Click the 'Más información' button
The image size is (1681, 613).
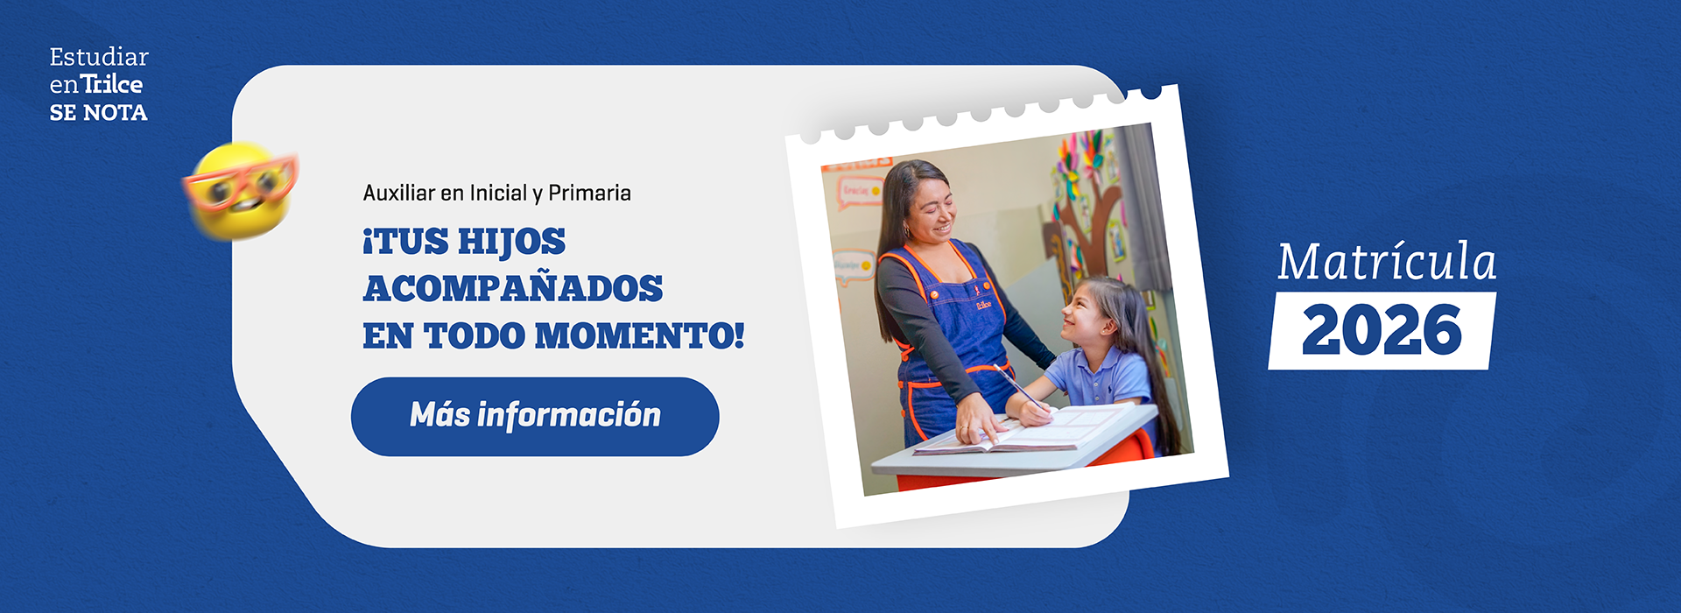coord(535,416)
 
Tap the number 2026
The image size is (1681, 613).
coord(1382,331)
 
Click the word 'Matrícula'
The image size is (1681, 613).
coord(1386,262)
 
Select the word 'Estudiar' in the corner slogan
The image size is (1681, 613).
coord(99,58)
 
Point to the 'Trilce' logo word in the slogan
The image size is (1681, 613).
coord(112,85)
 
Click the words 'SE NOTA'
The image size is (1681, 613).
coord(98,113)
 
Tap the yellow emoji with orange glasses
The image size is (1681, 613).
coord(241,191)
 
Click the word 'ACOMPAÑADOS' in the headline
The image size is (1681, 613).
coord(513,289)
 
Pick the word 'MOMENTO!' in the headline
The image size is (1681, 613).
coord(639,336)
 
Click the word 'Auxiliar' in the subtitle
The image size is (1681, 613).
coord(398,194)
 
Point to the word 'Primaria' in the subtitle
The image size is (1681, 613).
coord(589,194)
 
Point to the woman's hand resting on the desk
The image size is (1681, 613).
coord(978,424)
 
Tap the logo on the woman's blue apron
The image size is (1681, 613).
coord(983,303)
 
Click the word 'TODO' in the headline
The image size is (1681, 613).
coord(474,336)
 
